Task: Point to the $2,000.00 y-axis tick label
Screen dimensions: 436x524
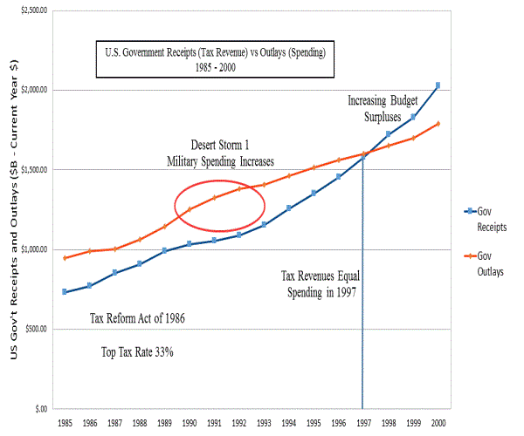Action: [x=32, y=90]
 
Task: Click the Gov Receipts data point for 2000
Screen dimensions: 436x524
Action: [x=438, y=85]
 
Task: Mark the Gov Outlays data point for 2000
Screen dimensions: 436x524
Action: [x=438, y=123]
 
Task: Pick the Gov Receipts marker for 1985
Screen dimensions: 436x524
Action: [x=65, y=291]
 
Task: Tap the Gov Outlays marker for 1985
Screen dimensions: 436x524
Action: [x=65, y=257]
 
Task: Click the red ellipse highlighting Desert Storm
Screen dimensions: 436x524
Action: [x=219, y=202]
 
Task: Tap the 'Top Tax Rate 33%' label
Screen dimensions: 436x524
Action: [x=136, y=353]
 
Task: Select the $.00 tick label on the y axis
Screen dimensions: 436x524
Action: [x=40, y=408]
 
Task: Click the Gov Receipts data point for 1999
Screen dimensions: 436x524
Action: [x=413, y=116]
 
